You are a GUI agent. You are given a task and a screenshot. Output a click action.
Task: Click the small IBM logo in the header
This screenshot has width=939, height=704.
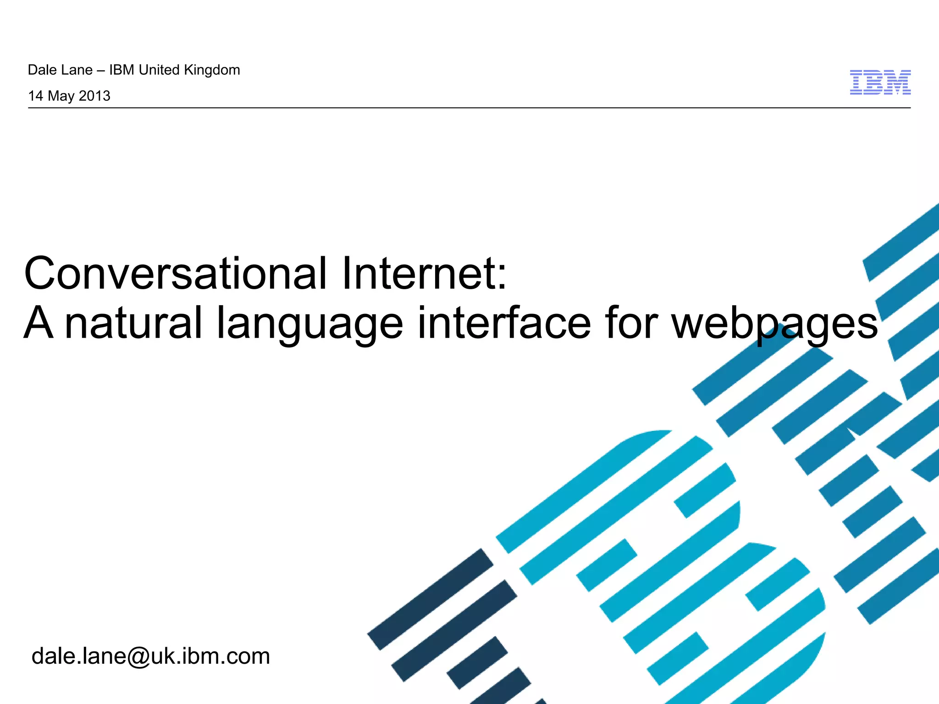(880, 82)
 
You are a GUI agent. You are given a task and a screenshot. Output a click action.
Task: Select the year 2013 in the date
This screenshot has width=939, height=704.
(94, 96)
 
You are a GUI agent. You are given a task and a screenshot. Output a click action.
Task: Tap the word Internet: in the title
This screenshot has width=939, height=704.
(424, 274)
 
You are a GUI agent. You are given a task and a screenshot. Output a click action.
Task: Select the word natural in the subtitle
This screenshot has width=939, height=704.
(133, 323)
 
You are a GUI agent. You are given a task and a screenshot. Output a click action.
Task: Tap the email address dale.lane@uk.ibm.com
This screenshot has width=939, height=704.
(151, 656)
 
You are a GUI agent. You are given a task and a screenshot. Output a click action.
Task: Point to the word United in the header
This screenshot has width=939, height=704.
(159, 70)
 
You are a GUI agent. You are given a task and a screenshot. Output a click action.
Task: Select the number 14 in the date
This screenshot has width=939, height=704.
(35, 96)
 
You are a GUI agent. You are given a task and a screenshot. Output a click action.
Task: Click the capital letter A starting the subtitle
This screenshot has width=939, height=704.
(39, 323)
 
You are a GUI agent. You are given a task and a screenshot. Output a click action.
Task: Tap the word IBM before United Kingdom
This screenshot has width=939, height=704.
(122, 70)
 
